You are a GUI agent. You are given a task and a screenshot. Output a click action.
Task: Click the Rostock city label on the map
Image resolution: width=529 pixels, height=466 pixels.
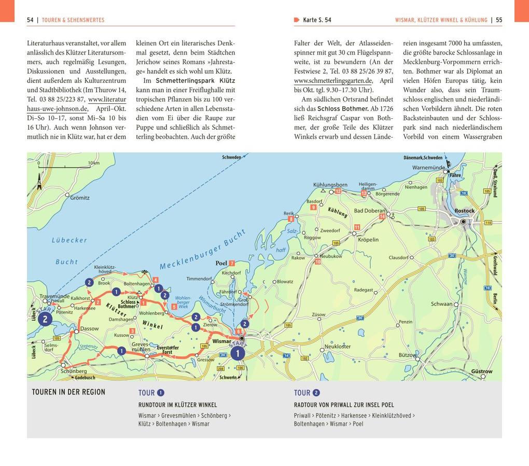point(464,211)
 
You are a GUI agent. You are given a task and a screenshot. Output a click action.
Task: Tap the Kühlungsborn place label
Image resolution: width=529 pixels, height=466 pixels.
point(330,184)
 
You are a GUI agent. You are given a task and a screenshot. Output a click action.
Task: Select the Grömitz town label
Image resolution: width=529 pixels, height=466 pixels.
point(80,198)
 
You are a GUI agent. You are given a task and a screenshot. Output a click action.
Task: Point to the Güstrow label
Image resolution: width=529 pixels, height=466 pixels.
point(481,371)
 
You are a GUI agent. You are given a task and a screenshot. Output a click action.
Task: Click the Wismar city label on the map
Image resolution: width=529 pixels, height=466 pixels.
point(221,341)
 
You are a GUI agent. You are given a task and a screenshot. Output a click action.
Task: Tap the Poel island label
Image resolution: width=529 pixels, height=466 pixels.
point(221,263)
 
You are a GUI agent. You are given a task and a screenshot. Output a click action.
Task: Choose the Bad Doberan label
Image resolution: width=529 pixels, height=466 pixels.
point(370,211)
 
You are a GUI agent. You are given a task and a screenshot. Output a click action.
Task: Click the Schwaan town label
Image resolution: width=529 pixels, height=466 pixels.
point(441,304)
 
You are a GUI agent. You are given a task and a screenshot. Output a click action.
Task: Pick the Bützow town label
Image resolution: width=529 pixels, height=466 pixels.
point(407,355)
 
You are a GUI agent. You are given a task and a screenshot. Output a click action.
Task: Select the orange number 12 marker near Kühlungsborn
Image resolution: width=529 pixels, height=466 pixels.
point(338,191)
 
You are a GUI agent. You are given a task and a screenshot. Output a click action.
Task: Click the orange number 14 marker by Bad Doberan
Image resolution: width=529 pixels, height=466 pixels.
point(382,216)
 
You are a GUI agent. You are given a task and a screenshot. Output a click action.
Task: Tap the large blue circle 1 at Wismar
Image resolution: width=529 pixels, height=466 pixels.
point(238,353)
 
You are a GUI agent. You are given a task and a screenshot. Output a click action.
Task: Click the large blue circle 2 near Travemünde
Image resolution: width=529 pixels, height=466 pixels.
point(45,319)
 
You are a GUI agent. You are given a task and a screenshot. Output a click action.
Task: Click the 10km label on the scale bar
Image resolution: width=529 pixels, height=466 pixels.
point(93,163)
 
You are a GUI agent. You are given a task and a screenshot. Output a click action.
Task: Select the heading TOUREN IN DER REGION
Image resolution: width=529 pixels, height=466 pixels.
point(68,392)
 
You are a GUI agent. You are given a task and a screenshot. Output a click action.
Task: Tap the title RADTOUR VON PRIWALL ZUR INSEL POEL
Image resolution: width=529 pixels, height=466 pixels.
point(344,405)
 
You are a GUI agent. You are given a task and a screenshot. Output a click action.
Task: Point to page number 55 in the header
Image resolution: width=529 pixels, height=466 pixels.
point(498,20)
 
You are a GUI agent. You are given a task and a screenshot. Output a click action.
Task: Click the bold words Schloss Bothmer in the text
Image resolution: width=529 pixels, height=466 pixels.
point(343,108)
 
